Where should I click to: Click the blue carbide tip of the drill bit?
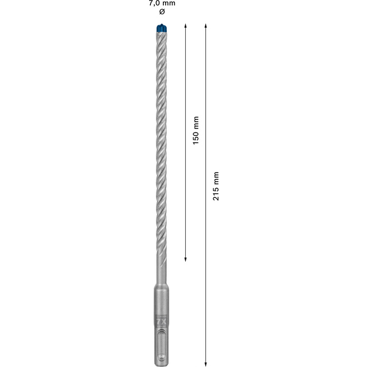point(162,28)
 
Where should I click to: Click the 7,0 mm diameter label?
point(162,3)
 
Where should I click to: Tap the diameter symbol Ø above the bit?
point(162,11)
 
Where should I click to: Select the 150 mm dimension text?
point(196,130)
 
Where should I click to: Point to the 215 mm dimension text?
point(216,186)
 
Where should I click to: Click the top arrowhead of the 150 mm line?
point(185,25)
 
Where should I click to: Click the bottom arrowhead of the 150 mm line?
point(185,259)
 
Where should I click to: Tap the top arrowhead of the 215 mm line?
point(205,25)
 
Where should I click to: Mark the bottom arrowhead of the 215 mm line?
point(205,364)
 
